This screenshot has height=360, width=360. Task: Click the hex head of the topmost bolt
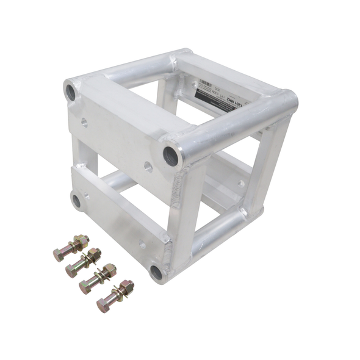pyautogui.click(x=60, y=254)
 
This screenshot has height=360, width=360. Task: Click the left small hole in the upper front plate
pyautogui.click(x=84, y=122)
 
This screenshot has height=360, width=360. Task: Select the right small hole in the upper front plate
pyautogui.click(x=148, y=166)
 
